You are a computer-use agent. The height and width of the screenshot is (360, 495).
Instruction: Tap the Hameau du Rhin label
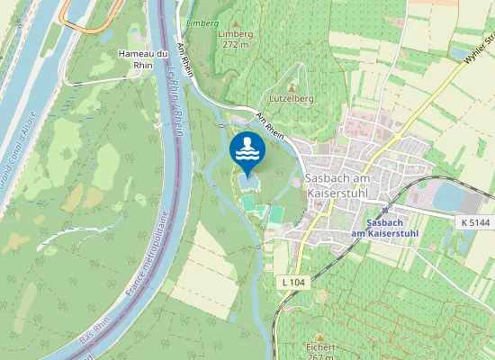point(144,59)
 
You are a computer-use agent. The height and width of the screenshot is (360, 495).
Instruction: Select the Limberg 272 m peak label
point(236,39)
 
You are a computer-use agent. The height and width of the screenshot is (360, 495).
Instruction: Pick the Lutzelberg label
point(291,96)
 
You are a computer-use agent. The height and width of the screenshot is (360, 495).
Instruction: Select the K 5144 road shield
point(476,220)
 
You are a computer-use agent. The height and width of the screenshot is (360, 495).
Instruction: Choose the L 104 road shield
point(293,283)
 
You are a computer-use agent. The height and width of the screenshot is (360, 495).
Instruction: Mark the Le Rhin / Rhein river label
point(176,112)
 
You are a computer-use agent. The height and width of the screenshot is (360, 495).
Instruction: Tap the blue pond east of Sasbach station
point(447,195)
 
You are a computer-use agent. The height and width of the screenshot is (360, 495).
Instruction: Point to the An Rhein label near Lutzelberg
point(269,125)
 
